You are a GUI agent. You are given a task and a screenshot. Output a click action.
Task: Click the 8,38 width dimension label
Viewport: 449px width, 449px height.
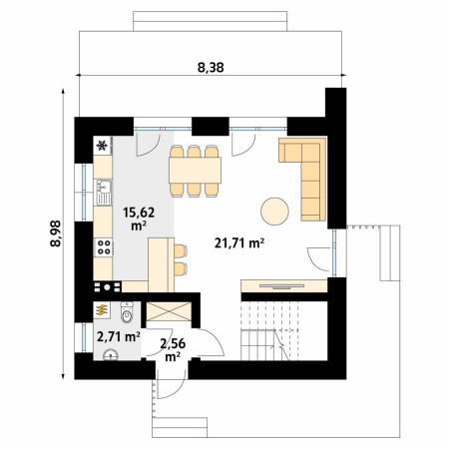[x=211, y=68]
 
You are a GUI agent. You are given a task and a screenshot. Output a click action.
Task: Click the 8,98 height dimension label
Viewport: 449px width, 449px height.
[x=56, y=233]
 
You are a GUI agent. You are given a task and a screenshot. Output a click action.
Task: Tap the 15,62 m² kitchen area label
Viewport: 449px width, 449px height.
[x=139, y=219]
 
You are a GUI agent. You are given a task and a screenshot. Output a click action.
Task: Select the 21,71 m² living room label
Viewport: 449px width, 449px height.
[x=239, y=243]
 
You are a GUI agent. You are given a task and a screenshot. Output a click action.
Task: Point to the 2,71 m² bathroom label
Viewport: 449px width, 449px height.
[x=118, y=337]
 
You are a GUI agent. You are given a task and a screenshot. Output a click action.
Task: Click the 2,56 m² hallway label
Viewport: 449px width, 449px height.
[x=173, y=350]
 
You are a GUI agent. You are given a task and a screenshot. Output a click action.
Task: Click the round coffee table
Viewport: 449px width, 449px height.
[x=274, y=212]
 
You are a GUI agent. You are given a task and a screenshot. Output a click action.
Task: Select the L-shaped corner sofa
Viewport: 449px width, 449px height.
[x=302, y=180]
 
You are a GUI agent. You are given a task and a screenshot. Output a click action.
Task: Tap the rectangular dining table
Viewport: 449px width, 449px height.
[x=195, y=170]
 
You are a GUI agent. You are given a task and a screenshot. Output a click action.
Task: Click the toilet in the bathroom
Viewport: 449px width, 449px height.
[x=127, y=312]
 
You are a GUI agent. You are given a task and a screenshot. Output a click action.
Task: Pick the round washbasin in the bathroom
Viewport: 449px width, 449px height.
[x=111, y=354]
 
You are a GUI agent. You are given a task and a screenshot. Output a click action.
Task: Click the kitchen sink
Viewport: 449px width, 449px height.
[x=104, y=193]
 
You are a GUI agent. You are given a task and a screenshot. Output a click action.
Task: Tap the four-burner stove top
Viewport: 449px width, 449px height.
[x=104, y=247]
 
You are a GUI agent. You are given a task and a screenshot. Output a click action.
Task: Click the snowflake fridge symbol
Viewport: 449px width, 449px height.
[x=103, y=146]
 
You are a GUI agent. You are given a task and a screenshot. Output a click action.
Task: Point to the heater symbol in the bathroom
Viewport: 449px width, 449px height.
[x=102, y=310]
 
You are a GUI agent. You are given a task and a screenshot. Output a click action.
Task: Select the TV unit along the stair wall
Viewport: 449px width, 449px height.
[x=284, y=286]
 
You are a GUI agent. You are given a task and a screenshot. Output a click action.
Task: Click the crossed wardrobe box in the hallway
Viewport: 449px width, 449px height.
[x=169, y=311]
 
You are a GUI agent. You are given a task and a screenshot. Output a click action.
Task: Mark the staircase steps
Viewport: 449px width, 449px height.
[x=270, y=331]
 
